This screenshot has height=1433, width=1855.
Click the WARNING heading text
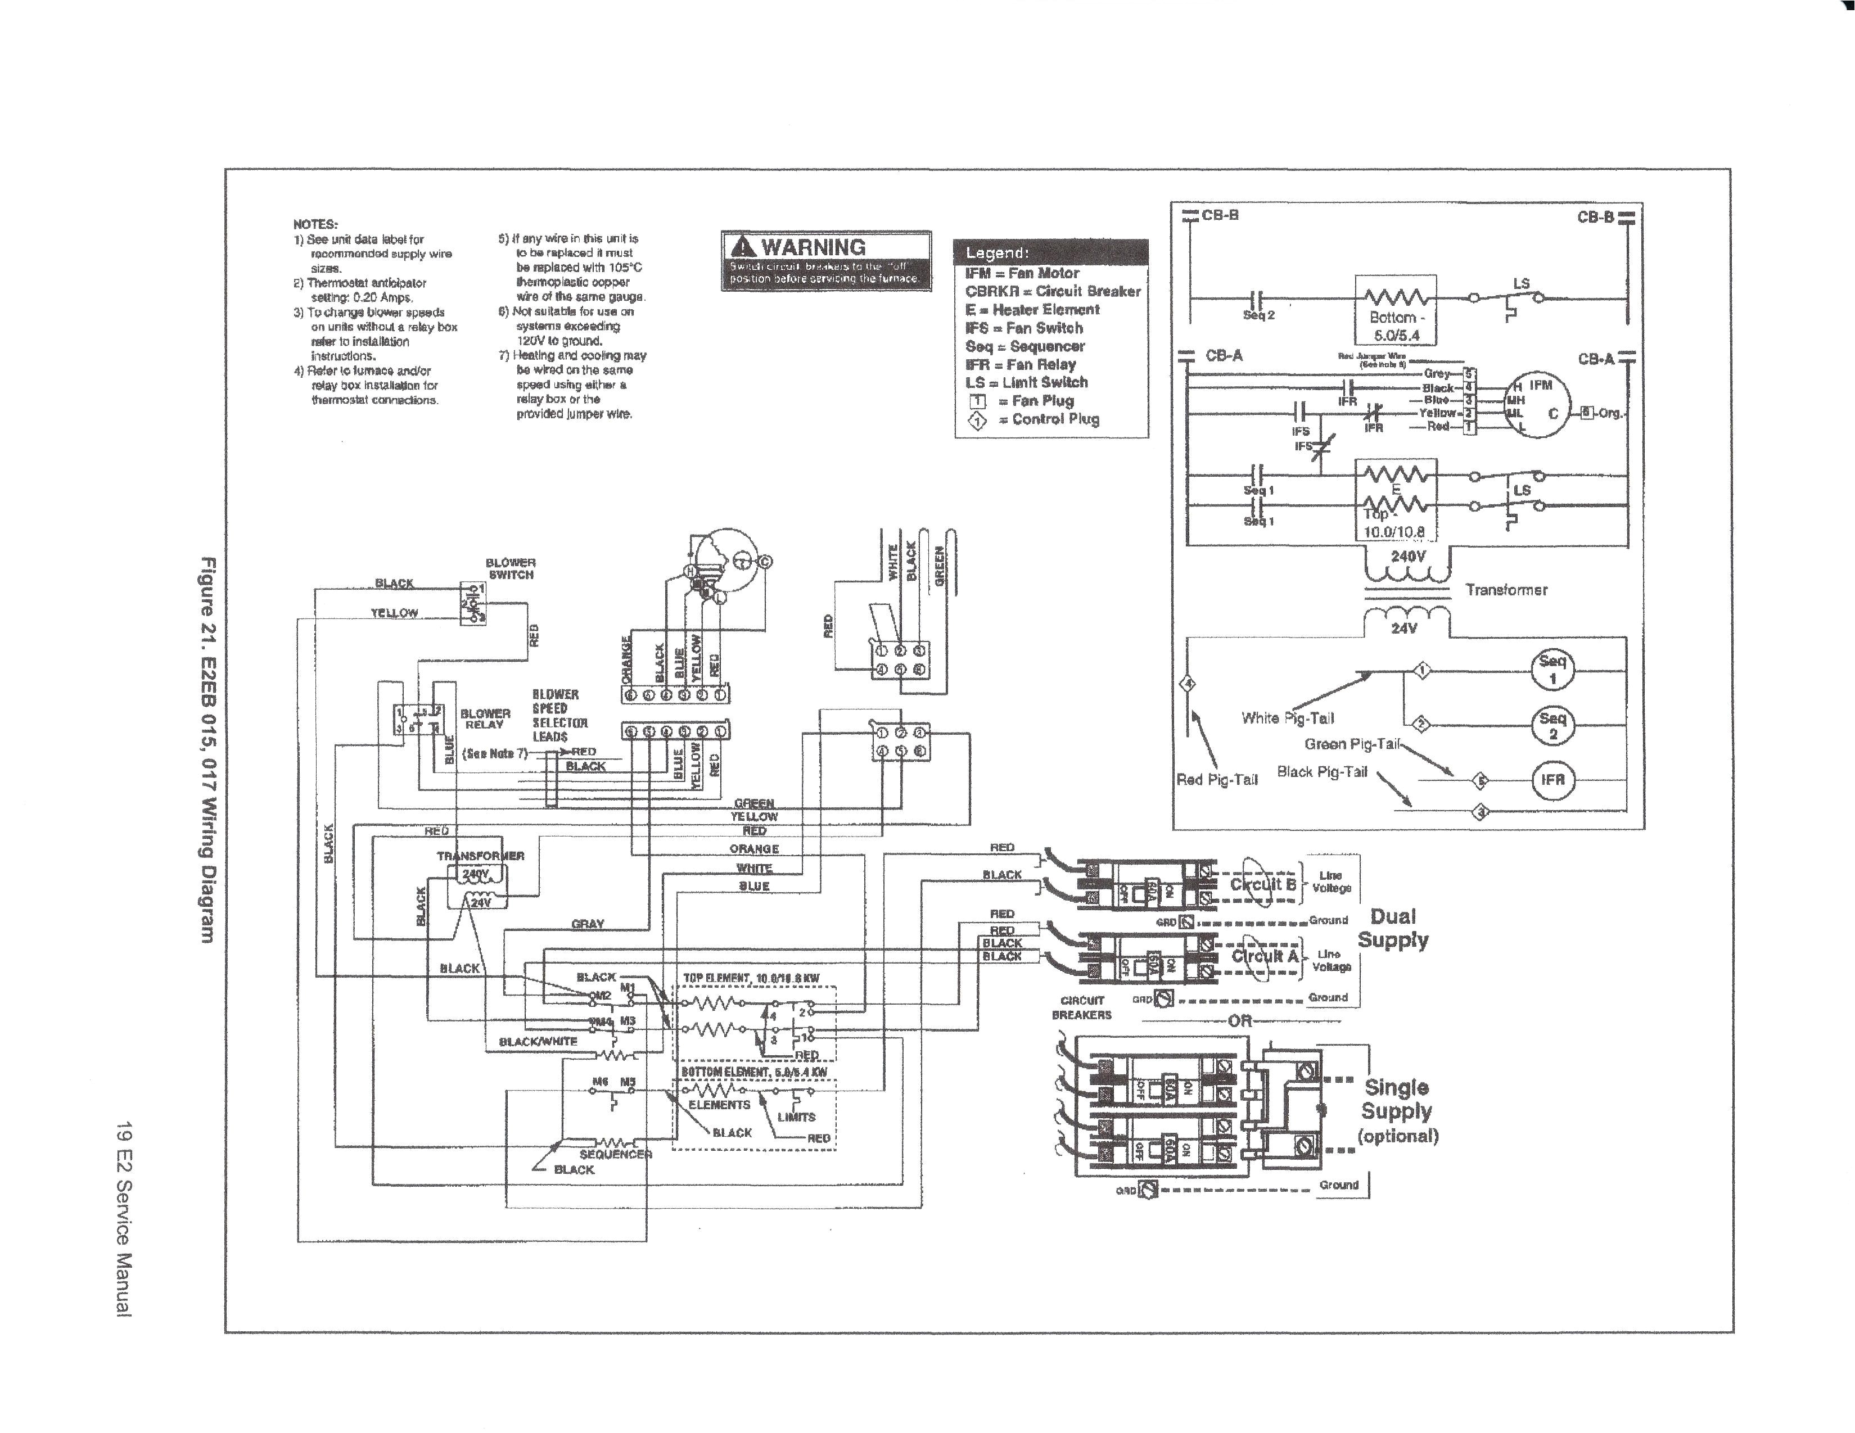pos(813,247)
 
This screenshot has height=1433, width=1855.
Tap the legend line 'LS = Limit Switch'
pos(1026,383)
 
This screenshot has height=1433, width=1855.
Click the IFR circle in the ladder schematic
pos(1552,780)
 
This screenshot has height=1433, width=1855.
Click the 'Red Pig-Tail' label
pos(1216,780)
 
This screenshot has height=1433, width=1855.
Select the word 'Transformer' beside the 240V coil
pos(1506,590)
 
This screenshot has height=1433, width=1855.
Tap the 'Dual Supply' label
pos(1393,928)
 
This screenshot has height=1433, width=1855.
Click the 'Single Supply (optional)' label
pos(1397,1111)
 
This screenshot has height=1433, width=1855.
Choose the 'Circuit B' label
pos(1263,884)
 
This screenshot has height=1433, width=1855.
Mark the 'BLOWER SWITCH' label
pos(511,569)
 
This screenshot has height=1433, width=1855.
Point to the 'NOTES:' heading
pos(315,225)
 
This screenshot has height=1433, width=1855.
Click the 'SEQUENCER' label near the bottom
pos(616,1154)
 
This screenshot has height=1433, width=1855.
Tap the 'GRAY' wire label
pos(588,923)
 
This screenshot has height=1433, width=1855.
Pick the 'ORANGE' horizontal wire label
pos(753,848)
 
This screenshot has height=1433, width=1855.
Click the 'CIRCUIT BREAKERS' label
pos(1081,1007)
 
